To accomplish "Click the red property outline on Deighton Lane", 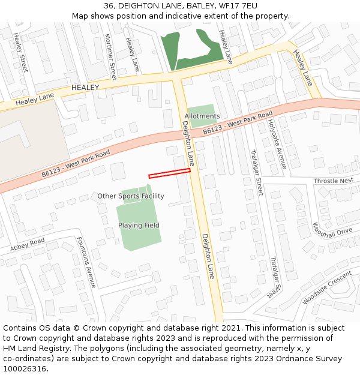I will tap(169, 173).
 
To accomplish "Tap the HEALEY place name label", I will tap(85, 88).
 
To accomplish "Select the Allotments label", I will tap(202, 116).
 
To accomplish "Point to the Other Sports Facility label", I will tap(131, 196).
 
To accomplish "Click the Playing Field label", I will tap(139, 226).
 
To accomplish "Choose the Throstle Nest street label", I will tap(333, 181).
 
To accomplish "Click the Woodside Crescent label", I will tap(327, 287).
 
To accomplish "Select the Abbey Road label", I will tap(27, 245).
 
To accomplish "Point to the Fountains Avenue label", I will tap(86, 262).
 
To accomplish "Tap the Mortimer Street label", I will tap(110, 56).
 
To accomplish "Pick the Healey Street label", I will tap(21, 52).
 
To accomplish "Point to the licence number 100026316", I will tap(25, 369).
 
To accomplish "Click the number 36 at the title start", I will tap(109, 5).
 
